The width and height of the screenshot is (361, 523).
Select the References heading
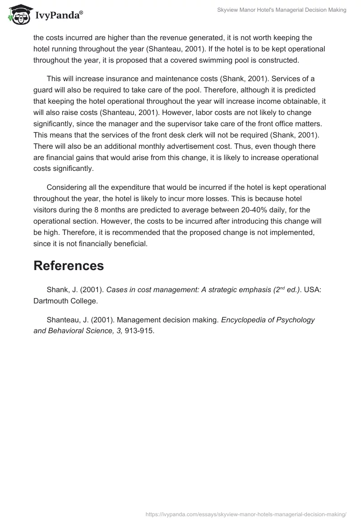pos(69,266)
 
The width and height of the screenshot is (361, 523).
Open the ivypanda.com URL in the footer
pos(245,513)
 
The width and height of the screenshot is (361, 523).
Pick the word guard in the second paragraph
pos(44,90)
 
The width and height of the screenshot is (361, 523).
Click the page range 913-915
pos(139,330)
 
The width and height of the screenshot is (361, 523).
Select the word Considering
pos(68,187)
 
